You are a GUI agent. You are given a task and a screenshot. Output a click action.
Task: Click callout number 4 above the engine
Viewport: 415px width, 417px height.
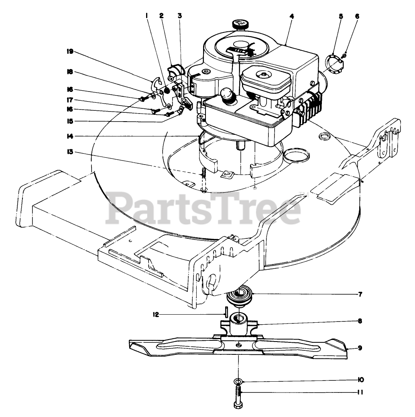click(x=292, y=16)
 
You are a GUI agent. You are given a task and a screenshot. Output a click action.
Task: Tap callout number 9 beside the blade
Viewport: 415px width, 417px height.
click(x=360, y=348)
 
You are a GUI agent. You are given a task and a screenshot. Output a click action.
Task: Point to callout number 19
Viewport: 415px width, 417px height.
click(x=70, y=51)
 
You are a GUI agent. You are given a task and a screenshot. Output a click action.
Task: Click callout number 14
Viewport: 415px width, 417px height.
click(x=71, y=136)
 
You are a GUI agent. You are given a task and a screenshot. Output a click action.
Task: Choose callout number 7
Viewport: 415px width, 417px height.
click(x=360, y=294)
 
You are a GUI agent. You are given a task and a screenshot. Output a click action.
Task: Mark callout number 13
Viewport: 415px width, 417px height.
click(x=71, y=152)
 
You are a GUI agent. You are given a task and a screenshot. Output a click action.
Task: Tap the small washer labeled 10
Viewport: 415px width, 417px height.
click(x=238, y=380)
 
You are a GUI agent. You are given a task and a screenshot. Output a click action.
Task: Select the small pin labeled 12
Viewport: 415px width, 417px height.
click(x=227, y=311)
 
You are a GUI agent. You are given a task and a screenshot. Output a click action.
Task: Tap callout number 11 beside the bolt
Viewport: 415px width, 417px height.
click(x=360, y=393)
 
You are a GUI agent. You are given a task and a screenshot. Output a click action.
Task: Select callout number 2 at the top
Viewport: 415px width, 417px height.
click(x=161, y=16)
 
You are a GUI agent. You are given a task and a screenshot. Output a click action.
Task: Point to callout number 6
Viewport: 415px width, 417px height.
click(x=357, y=16)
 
